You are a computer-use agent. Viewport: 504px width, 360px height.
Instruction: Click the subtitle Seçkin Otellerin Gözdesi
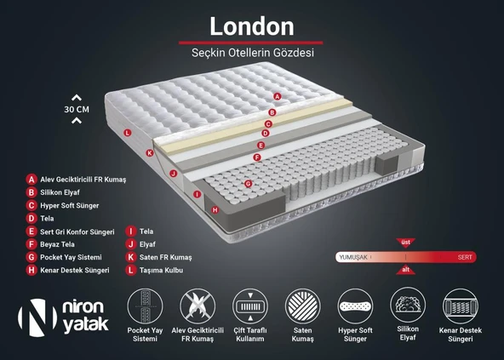point(251,53)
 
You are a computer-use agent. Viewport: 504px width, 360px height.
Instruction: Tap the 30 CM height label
point(77,109)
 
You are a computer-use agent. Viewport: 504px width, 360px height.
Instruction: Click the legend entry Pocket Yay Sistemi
point(71,256)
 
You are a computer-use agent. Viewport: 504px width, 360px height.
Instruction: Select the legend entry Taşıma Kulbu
point(161,270)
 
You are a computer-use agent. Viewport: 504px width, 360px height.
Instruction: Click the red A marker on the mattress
point(278,97)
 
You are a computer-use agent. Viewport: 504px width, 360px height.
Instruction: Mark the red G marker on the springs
point(248,183)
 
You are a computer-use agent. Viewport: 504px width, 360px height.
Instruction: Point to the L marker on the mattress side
point(127,133)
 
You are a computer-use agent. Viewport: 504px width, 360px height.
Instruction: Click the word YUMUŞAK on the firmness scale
point(353,256)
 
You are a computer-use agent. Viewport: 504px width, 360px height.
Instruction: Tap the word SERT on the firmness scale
point(465,256)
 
